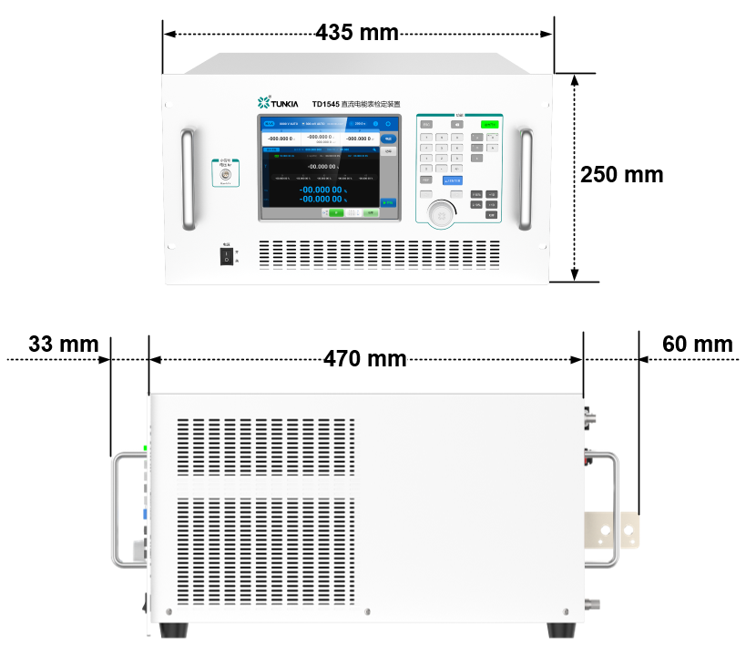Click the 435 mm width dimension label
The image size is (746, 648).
[357, 33]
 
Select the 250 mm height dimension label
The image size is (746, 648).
[622, 175]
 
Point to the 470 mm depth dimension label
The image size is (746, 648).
[365, 359]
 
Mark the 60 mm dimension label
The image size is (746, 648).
[698, 345]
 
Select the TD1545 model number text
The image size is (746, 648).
[325, 104]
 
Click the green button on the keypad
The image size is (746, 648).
[490, 124]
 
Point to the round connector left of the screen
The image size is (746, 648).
[225, 172]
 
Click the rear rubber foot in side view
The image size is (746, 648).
[563, 630]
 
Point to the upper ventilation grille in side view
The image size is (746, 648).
[264, 447]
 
